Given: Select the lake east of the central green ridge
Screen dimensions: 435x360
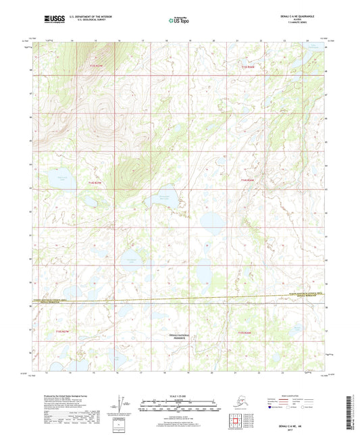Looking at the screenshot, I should [165, 199].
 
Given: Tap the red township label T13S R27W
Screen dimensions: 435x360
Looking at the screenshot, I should [98, 66].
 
